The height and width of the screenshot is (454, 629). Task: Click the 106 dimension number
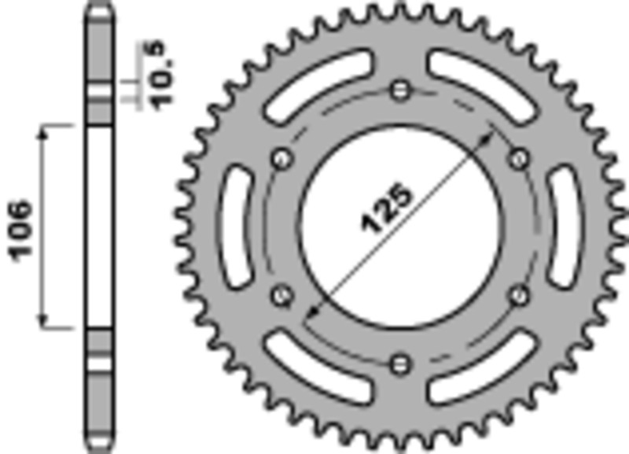[21, 230]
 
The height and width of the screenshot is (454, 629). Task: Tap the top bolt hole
[401, 89]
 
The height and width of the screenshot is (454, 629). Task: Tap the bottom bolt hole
[401, 363]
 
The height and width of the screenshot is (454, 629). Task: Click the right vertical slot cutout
[565, 228]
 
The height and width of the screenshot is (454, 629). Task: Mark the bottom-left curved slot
[318, 368]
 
